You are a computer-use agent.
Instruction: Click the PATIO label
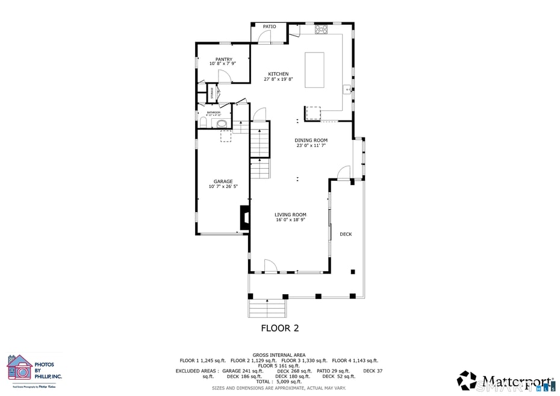[x=269, y=27]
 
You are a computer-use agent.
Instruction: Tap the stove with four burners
[x=321, y=28]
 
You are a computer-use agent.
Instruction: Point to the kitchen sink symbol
[x=347, y=90]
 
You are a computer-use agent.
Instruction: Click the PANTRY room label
[x=223, y=59]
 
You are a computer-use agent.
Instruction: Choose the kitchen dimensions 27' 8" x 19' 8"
[x=278, y=79]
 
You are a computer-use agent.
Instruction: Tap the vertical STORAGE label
[x=211, y=92]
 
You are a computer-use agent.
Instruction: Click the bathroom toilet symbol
[x=203, y=123]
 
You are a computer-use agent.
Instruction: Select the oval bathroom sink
[x=222, y=124]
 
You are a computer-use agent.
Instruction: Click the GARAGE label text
[x=223, y=181]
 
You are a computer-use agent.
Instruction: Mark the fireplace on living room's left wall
[x=244, y=218]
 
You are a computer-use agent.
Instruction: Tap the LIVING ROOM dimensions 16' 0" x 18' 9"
[x=290, y=220]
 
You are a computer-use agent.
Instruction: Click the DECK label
[x=346, y=234]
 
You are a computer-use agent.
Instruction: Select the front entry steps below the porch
[x=267, y=309]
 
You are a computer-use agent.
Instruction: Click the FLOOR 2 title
[x=279, y=328]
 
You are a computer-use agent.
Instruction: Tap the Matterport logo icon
[x=467, y=380]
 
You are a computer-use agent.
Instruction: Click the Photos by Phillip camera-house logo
[x=20, y=368]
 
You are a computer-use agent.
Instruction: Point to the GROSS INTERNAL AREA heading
[x=279, y=355]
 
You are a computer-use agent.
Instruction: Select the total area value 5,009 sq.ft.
[x=288, y=382]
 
